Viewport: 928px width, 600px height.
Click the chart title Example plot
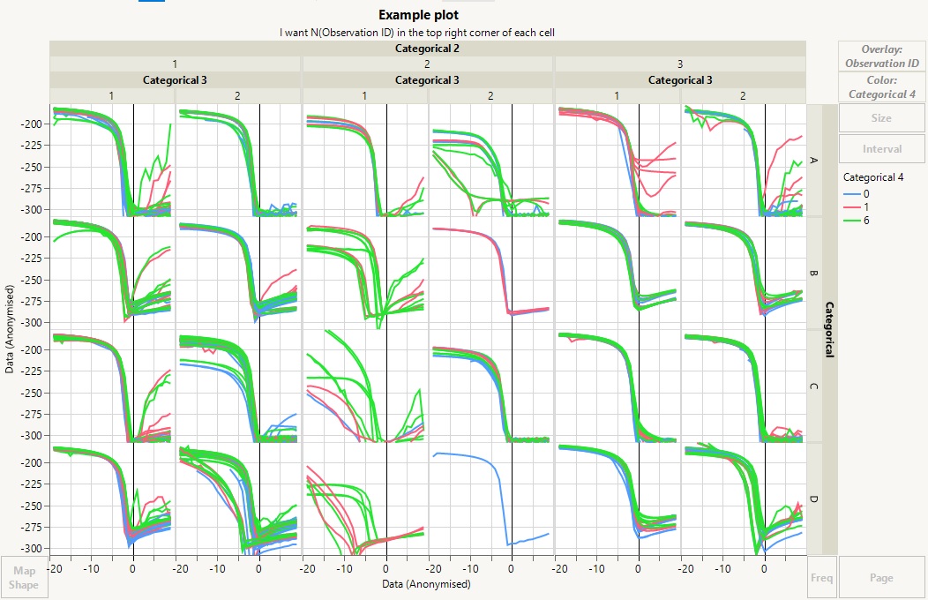pos(418,15)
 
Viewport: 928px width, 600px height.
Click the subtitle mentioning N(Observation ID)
pos(417,33)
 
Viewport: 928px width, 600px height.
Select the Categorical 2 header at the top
pos(427,49)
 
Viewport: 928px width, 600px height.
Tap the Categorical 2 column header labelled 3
pos(679,64)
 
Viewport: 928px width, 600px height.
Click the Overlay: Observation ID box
pos(881,56)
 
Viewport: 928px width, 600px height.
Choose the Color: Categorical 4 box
pos(881,87)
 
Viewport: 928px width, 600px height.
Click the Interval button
pos(881,149)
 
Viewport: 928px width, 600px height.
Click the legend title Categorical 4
pos(873,177)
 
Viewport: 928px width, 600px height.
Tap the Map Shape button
pos(24,578)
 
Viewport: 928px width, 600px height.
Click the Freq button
pos(821,578)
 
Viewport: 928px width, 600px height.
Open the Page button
pos(881,578)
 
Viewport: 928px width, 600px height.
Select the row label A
pos(813,161)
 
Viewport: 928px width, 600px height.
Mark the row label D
pos(813,499)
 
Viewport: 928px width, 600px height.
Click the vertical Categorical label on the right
pos(829,329)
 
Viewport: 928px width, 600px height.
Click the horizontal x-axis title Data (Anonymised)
pos(427,583)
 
